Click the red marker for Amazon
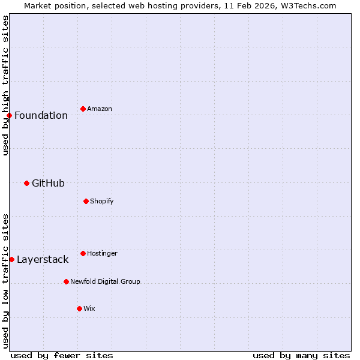coord(83,109)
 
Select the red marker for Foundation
coord(9,115)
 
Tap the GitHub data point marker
coord(26,183)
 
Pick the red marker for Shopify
coord(86,201)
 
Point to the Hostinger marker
coord(83,253)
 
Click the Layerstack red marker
coord(11,259)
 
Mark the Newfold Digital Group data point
coord(66,281)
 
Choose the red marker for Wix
coord(79,308)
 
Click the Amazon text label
coord(100,109)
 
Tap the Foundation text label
coord(41,115)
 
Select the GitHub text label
coord(48,183)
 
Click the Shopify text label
coord(102,201)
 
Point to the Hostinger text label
coord(102,253)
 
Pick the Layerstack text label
coord(43,259)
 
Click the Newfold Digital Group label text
coord(105,281)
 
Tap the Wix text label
coord(89,308)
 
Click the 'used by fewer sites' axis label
coord(62,355)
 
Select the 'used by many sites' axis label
coord(301,355)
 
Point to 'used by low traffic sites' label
coord(5,280)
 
